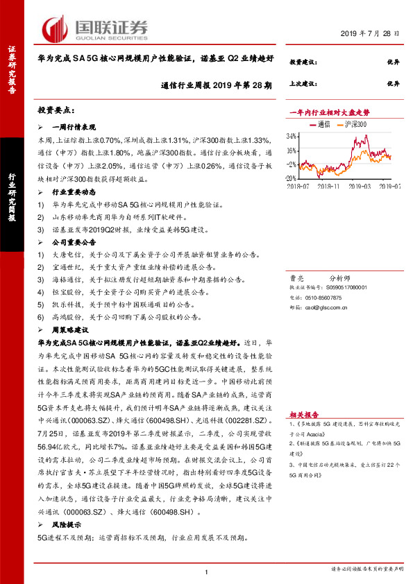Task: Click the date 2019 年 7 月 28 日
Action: pos(371,33)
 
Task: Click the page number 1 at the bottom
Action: pos(207,572)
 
